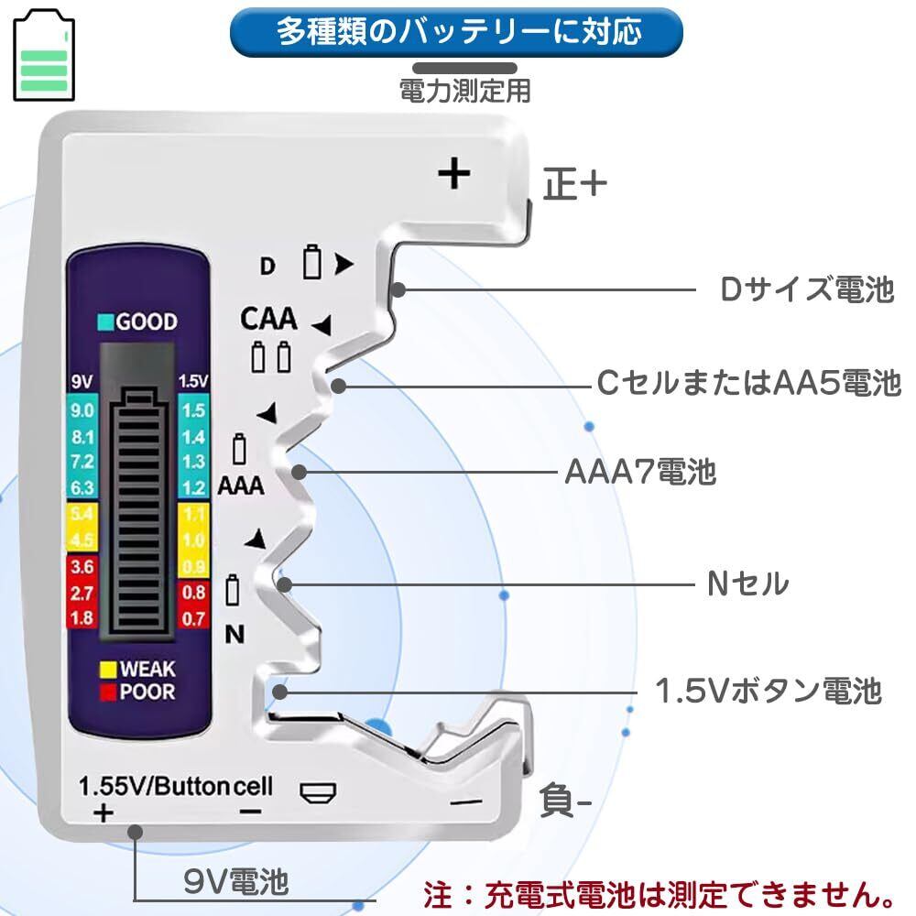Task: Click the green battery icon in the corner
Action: pos(43,56)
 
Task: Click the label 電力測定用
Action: pos(464,90)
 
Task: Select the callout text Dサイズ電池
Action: pos(805,290)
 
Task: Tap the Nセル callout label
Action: pos(747,583)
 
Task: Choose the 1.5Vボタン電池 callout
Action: pos(769,690)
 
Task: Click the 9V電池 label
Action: pos(236,882)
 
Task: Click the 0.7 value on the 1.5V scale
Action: pos(194,618)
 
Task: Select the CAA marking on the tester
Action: pos(268,319)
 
